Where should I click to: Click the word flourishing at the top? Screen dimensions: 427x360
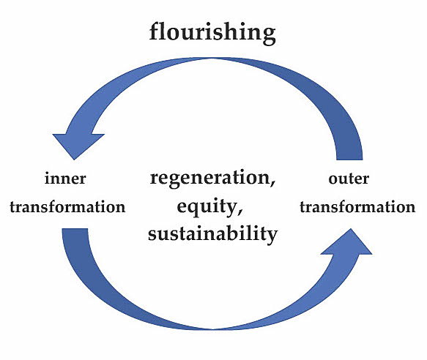(212, 33)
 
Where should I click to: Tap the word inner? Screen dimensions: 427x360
(65, 179)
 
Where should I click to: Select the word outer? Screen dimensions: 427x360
(349, 179)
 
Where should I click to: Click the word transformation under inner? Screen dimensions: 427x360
(67, 206)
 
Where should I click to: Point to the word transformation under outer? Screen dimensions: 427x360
(357, 206)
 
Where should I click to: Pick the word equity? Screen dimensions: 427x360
(207, 207)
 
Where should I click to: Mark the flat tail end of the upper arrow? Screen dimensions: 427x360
(349, 160)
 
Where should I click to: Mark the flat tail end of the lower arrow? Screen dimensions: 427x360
(75, 228)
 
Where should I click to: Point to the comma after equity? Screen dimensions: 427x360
(240, 211)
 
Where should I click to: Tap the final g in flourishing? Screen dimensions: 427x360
(269, 36)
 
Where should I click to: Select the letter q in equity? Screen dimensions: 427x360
(195, 209)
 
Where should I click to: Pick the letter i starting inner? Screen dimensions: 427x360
(48, 179)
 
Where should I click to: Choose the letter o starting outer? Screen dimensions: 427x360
(333, 180)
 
